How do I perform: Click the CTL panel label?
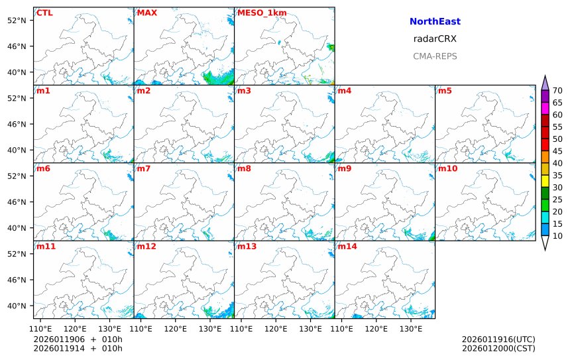click(x=44, y=13)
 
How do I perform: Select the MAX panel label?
click(x=146, y=13)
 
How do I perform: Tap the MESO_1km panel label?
click(x=257, y=13)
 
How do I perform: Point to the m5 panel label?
click(x=445, y=90)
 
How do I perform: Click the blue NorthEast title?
click(x=435, y=22)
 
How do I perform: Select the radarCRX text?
click(x=435, y=39)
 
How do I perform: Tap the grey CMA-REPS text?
click(x=435, y=56)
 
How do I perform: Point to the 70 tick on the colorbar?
click(x=557, y=91)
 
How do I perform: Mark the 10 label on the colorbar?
click(x=557, y=236)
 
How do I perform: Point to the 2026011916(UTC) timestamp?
click(x=498, y=339)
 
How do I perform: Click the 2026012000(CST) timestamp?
click(x=498, y=348)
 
